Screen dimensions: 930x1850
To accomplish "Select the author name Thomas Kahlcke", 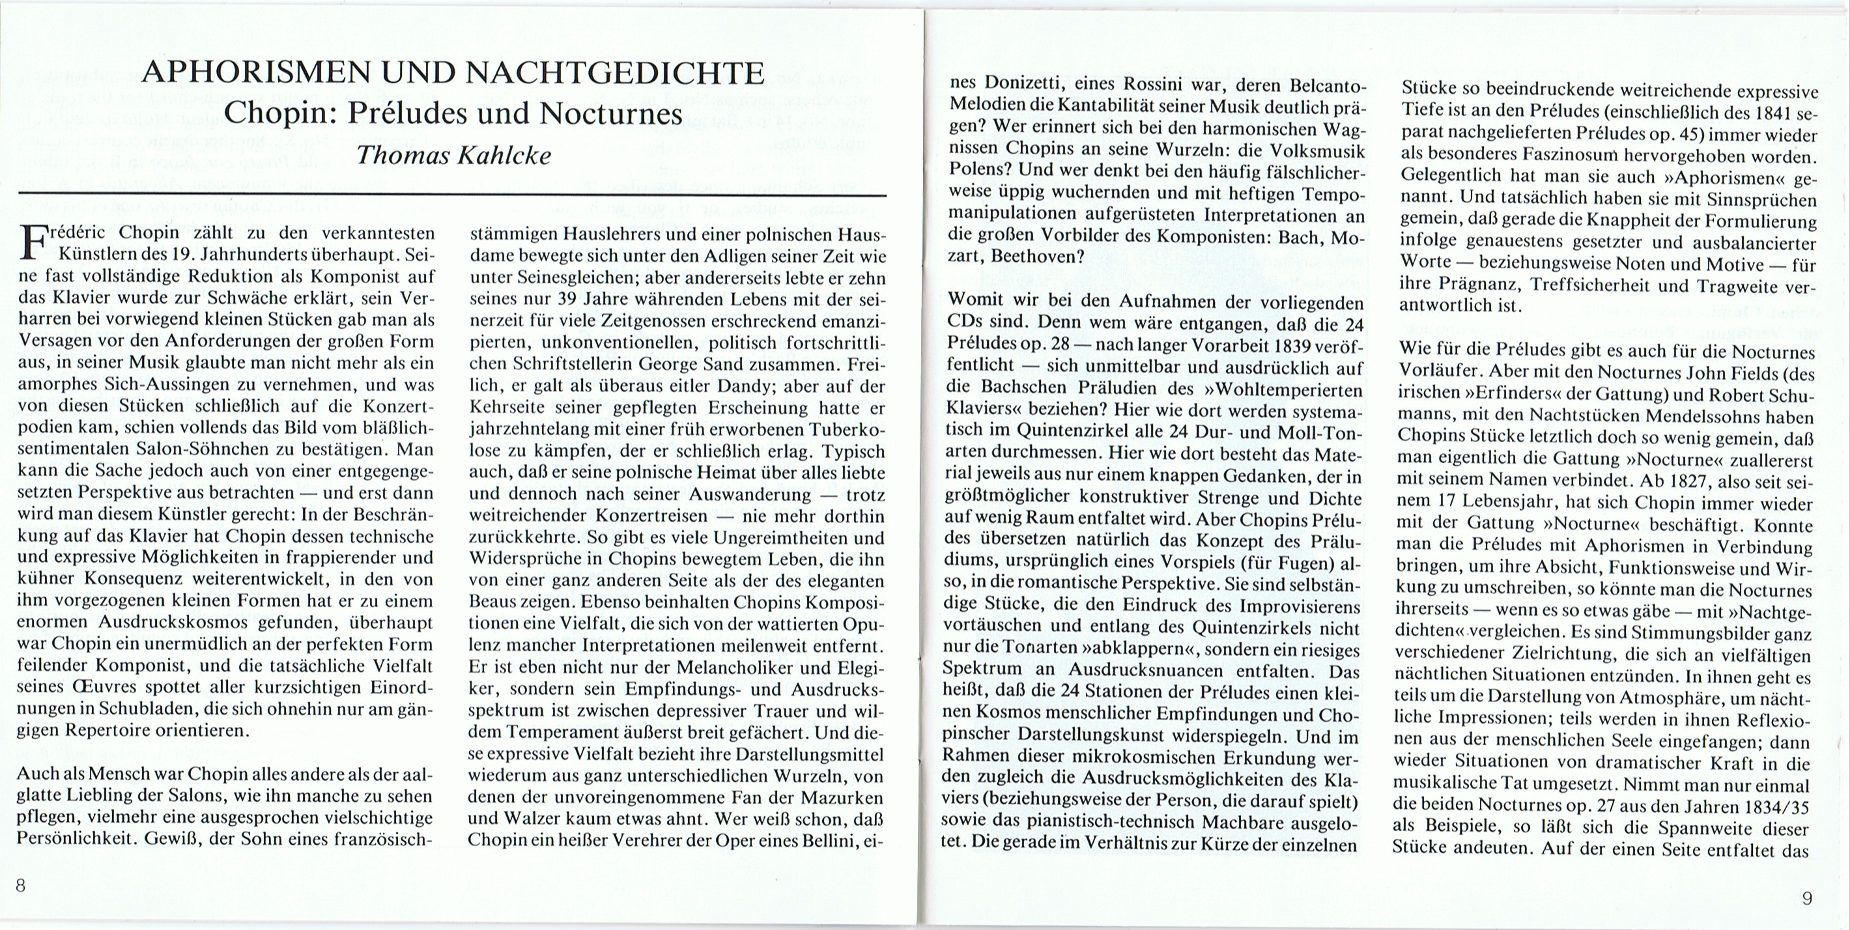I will point(453,155).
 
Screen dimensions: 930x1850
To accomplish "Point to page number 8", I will point(20,886).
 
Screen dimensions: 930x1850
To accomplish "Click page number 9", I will point(1807,897).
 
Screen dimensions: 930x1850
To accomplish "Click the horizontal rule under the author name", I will point(453,194).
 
